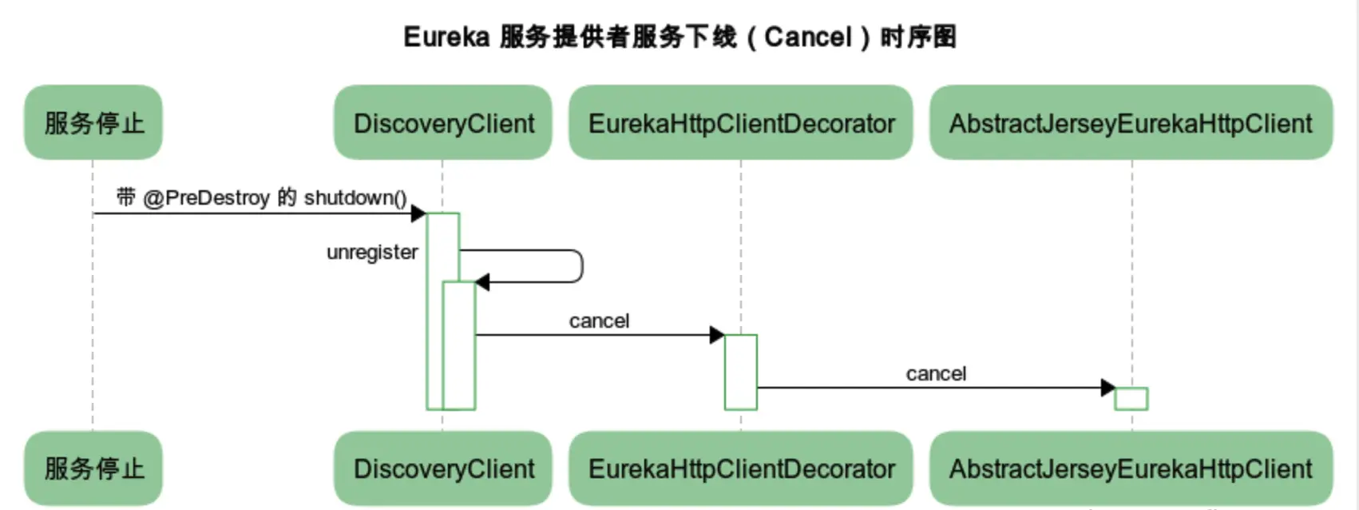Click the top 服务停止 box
click(93, 122)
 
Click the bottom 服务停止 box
click(93, 468)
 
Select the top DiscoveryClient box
click(443, 122)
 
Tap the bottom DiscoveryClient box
click(443, 468)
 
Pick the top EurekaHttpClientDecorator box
click(741, 122)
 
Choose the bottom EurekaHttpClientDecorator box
click(741, 468)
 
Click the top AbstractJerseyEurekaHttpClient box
click(1131, 122)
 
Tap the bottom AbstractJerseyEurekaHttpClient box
click(1131, 468)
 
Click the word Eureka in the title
click(446, 37)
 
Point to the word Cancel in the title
click(808, 37)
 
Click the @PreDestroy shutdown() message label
click(262, 197)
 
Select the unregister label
click(372, 252)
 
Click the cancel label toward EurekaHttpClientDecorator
click(599, 321)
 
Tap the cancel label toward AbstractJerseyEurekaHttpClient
click(936, 373)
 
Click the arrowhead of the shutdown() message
click(418, 213)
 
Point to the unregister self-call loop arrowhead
click(482, 282)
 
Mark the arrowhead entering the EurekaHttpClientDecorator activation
click(717, 335)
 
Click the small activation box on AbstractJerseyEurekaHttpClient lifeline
click(1131, 398)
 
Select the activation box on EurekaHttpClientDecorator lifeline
click(740, 373)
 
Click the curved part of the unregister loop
click(580, 266)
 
